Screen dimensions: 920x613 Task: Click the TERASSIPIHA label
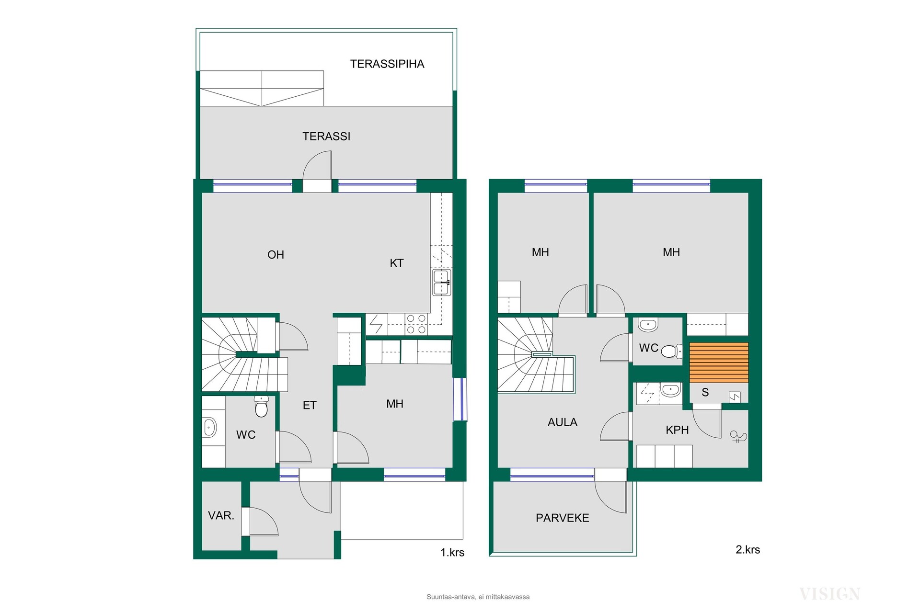coord(387,64)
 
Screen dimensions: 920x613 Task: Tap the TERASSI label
coord(326,136)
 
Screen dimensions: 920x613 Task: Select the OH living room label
coord(276,255)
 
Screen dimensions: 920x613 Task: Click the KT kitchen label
coord(396,263)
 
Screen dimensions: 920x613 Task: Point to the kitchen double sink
coord(441,283)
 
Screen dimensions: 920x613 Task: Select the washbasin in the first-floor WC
coord(210,427)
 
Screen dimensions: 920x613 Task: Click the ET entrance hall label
coord(310,406)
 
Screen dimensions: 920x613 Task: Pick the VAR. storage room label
coord(221,516)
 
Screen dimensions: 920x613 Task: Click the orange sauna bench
coord(719,363)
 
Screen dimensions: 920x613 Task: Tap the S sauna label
coord(705,393)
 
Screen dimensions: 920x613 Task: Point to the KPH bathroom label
coord(677,430)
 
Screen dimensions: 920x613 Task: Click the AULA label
coord(563,422)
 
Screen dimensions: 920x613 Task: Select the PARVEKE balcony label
coord(563,518)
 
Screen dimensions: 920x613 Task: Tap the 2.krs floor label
coord(747,550)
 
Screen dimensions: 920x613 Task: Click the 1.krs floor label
coord(452,553)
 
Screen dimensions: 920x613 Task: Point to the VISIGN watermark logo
coord(829,594)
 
